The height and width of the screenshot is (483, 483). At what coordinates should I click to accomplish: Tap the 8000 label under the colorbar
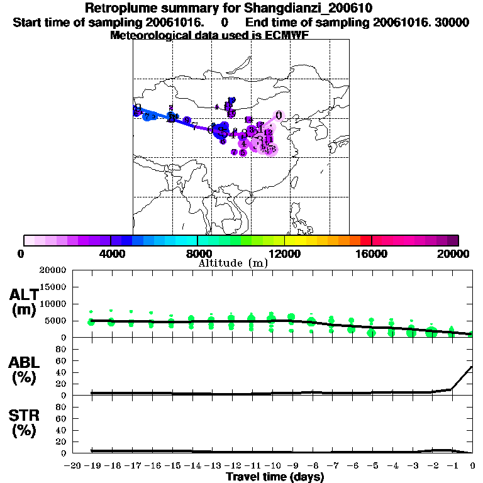click(x=197, y=253)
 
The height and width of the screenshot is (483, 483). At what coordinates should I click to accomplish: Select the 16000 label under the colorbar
click(x=372, y=253)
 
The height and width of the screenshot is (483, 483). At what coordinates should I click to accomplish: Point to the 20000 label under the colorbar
click(x=457, y=253)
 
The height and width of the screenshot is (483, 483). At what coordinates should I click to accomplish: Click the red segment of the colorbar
click(x=365, y=240)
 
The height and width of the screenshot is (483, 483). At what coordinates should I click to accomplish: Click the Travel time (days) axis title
click(x=275, y=477)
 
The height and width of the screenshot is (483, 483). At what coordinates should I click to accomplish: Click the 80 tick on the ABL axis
click(x=62, y=350)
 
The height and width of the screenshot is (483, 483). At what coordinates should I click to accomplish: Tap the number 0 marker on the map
click(x=279, y=114)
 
